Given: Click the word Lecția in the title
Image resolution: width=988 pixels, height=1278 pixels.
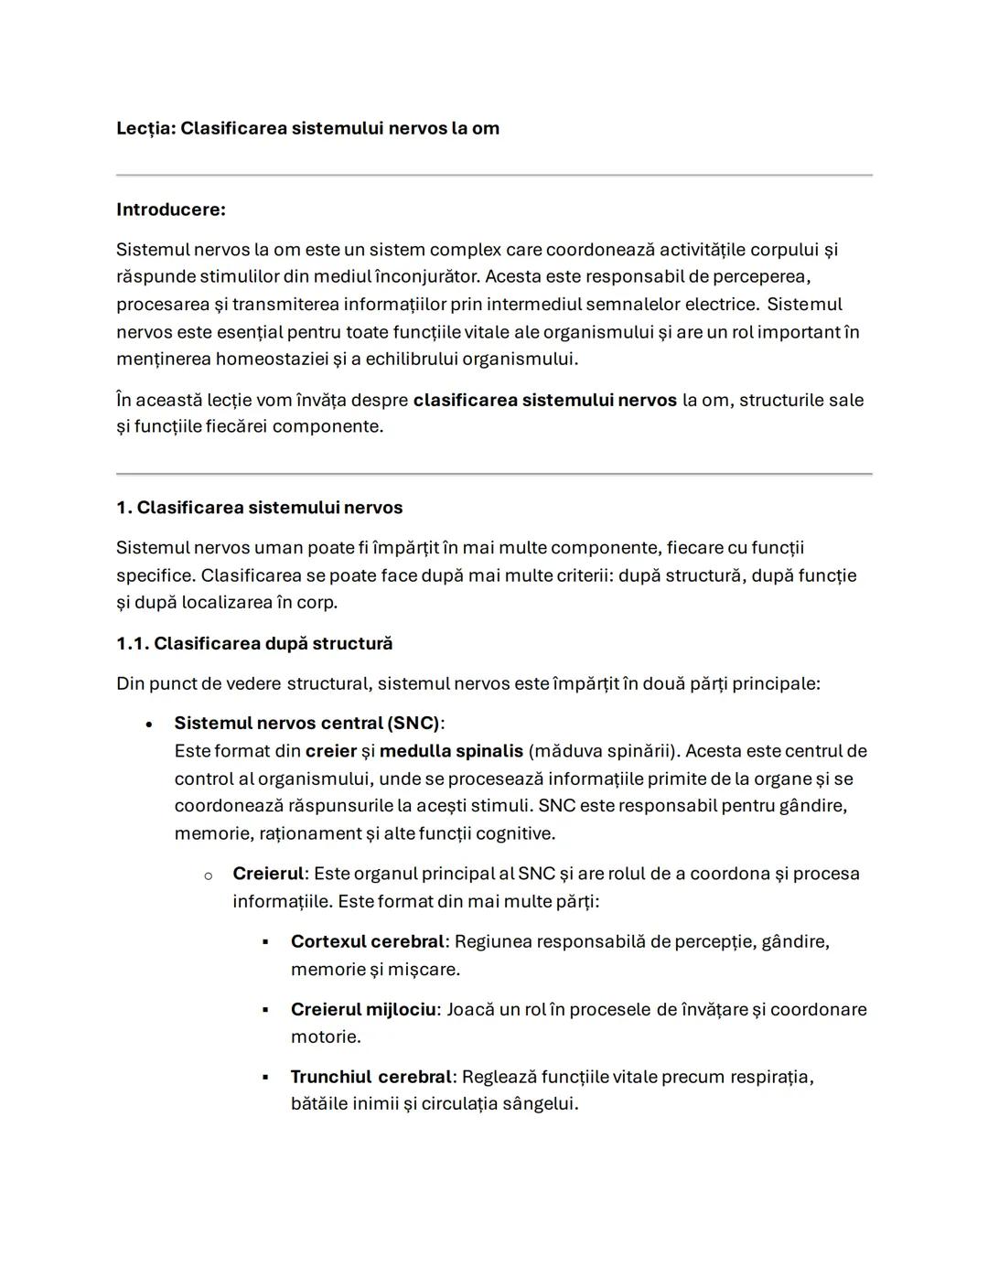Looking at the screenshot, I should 145,128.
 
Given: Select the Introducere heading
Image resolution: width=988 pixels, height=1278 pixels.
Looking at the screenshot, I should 171,209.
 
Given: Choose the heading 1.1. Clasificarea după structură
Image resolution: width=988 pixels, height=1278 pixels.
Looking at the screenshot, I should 254,643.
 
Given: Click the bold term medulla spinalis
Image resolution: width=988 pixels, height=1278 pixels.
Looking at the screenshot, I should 451,751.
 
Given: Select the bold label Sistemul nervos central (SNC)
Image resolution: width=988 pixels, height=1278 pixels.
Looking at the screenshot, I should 306,723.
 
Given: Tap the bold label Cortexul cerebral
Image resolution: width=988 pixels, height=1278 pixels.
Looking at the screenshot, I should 367,941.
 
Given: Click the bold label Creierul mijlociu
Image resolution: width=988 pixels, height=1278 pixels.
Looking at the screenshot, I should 363,1009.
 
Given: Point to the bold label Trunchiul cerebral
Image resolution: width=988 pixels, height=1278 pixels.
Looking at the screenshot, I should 370,1077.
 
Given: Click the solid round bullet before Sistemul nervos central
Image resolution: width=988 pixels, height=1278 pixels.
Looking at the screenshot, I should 148,724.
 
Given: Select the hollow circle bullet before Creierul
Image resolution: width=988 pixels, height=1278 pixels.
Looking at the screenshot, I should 208,875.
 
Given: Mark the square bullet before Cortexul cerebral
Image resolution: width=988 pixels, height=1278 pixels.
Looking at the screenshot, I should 265,941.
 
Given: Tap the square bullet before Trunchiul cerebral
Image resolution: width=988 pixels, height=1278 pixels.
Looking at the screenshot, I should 265,1077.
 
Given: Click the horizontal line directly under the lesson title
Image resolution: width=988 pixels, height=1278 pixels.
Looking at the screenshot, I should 494,175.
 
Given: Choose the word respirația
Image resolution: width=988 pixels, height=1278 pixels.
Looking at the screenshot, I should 771,1077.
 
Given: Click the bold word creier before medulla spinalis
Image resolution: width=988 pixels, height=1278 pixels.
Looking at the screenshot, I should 330,751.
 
